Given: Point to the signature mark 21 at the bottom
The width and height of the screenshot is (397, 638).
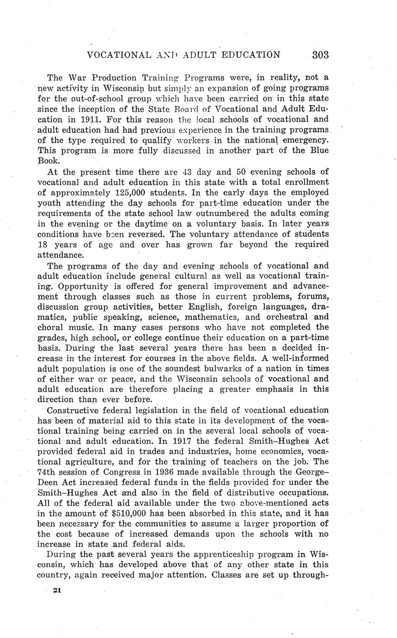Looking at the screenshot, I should [x=57, y=590].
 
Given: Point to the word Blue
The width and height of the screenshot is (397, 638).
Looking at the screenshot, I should [x=317, y=151].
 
